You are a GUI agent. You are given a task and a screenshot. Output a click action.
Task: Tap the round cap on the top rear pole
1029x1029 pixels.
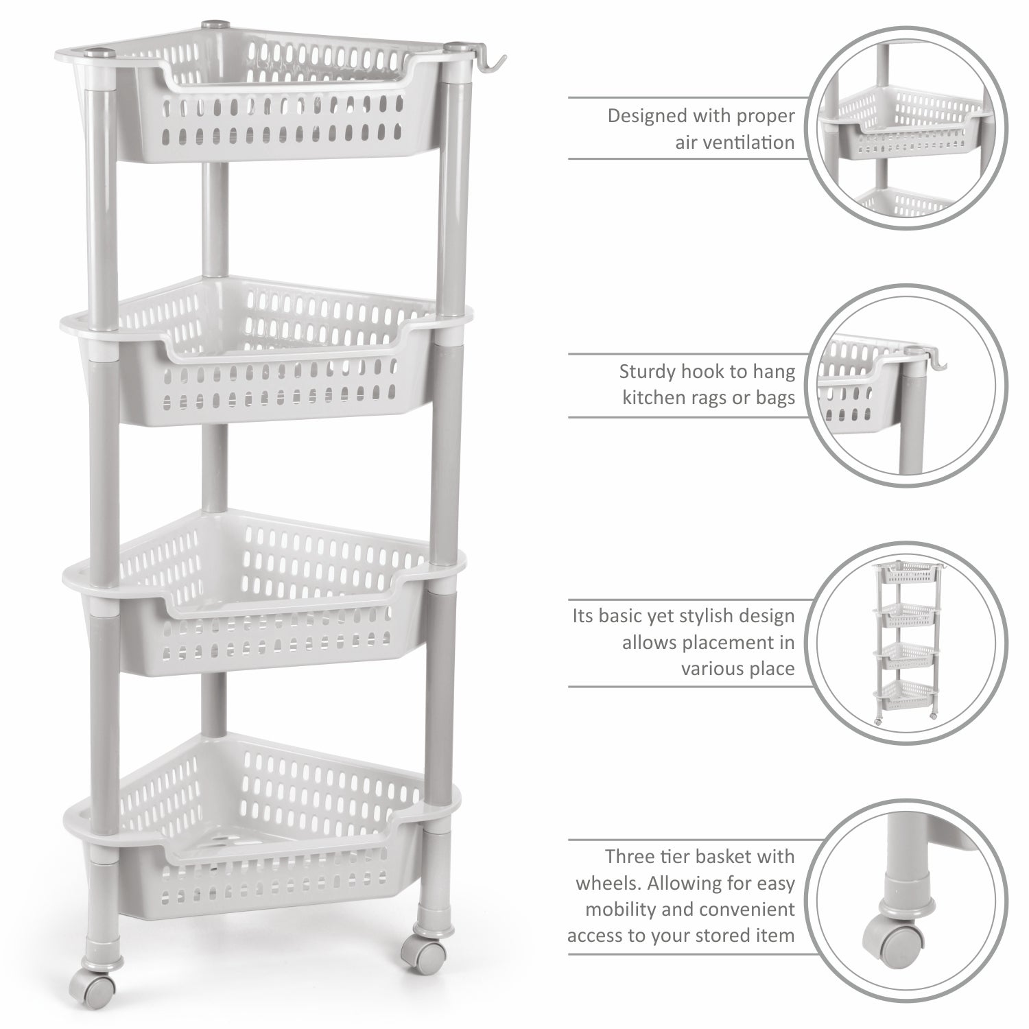(210, 27)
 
